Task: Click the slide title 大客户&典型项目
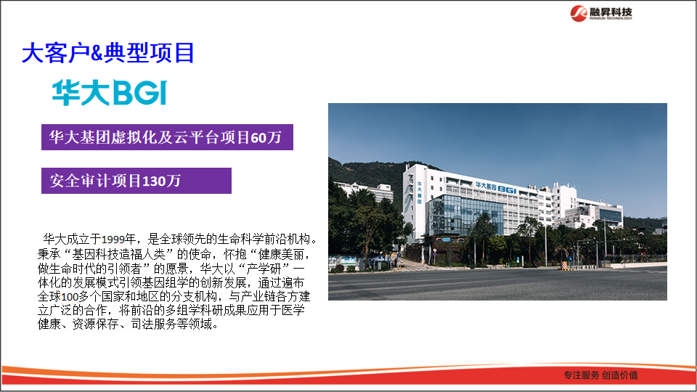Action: pos(108,53)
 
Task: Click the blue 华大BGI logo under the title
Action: pos(109,94)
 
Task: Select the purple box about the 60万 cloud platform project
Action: pos(166,136)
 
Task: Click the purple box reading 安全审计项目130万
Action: pos(136,181)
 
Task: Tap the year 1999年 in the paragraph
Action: pos(119,239)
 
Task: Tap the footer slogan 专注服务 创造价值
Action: pos(600,375)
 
